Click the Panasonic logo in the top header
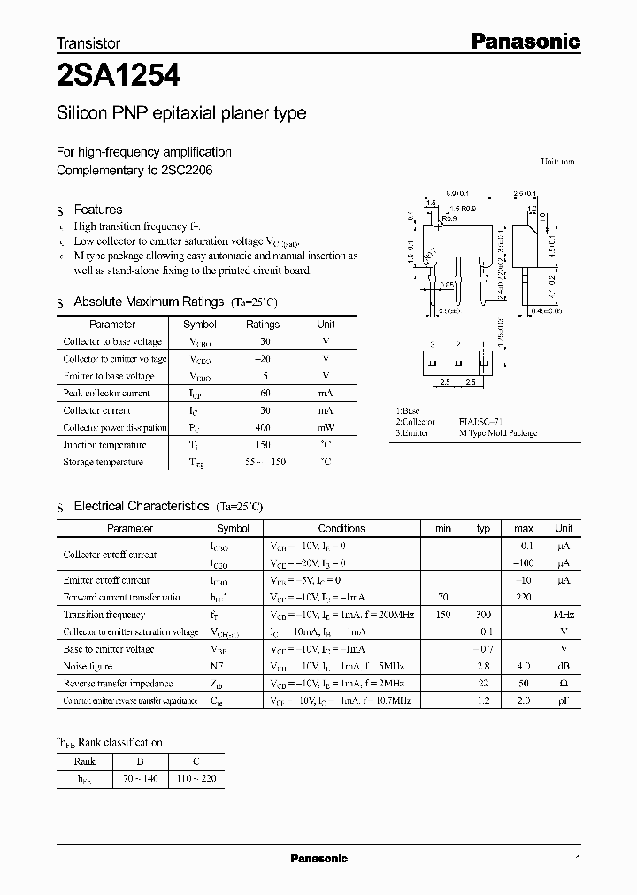point(524,41)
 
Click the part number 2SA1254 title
point(119,77)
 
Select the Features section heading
point(97,210)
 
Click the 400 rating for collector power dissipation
point(262,427)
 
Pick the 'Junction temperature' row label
point(104,445)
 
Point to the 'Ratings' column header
point(262,325)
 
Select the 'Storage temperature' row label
point(103,462)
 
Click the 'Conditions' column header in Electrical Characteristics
point(342,528)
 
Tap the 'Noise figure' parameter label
point(88,666)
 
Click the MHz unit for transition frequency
point(564,615)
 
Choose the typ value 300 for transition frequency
point(483,615)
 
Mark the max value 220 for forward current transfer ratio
point(524,598)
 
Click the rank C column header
point(196,761)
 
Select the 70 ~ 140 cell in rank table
point(142,779)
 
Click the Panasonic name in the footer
point(319,859)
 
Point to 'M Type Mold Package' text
point(498,433)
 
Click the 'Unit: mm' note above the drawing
point(557,162)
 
